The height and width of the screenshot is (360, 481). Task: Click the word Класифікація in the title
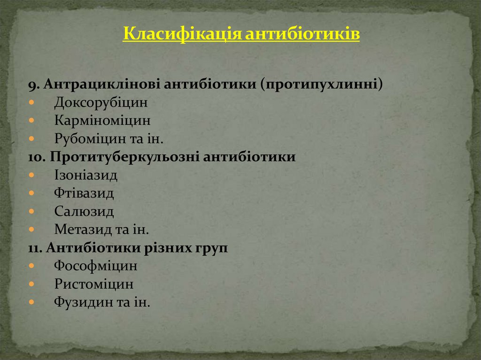182,35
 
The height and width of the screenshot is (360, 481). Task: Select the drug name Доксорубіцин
101,102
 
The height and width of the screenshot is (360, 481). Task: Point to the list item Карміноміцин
102,121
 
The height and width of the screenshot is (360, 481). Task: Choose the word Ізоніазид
85,176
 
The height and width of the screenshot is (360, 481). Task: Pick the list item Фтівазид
84,193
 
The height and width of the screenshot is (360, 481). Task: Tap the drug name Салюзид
84,212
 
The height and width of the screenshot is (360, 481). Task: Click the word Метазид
82,230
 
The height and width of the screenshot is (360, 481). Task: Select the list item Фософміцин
96,266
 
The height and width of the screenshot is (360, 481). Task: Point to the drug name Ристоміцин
94,284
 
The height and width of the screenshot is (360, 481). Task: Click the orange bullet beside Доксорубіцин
31,102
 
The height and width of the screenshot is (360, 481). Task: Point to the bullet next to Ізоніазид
31,176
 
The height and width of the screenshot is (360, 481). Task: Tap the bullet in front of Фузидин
31,303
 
